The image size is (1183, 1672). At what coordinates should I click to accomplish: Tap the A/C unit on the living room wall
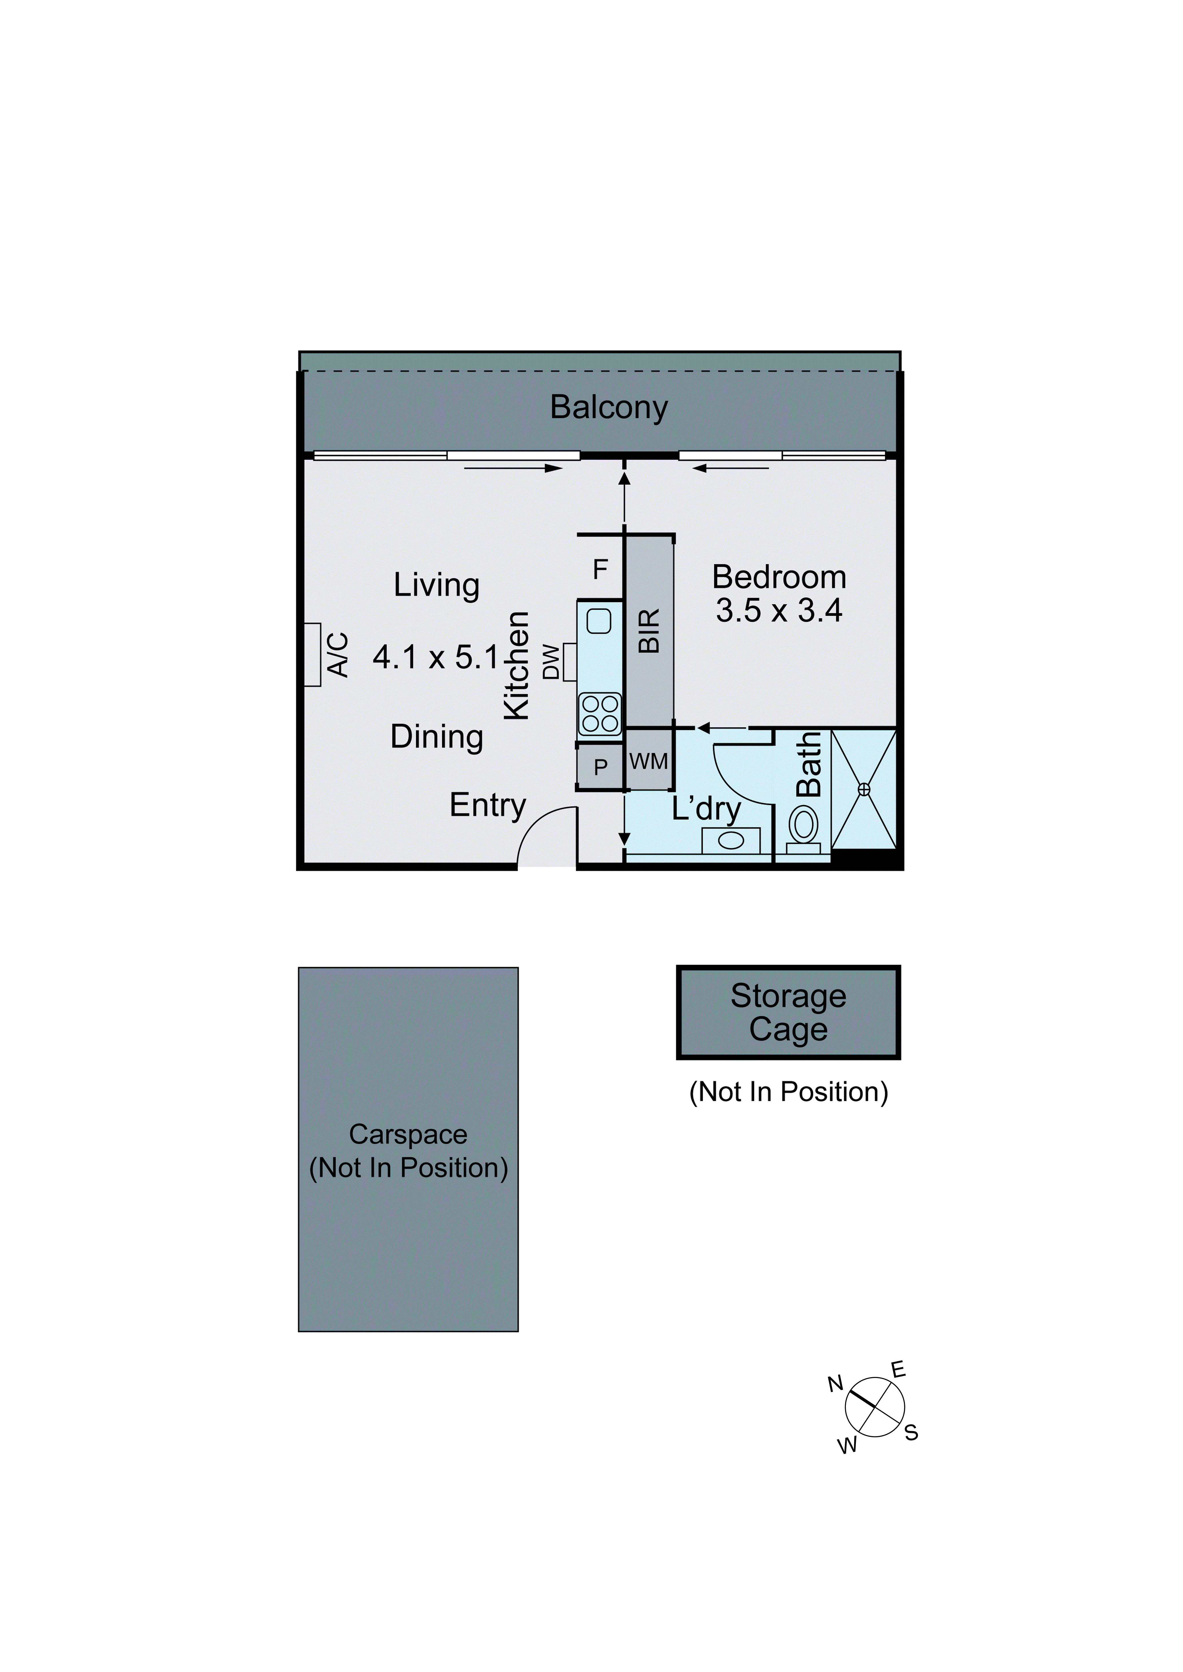pyautogui.click(x=312, y=654)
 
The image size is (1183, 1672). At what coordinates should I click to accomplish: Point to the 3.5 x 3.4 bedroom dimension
pyautogui.click(x=779, y=610)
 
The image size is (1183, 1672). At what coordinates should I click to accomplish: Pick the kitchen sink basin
pyautogui.click(x=599, y=621)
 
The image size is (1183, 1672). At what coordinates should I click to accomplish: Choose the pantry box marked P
pyautogui.click(x=600, y=767)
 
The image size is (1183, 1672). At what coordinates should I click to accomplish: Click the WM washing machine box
pyautogui.click(x=648, y=762)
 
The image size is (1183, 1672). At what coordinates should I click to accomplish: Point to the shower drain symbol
pyautogui.click(x=864, y=789)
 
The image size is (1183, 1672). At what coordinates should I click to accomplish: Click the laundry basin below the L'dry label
pyautogui.click(x=731, y=841)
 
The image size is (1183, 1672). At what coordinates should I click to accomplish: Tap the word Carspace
pyautogui.click(x=408, y=1135)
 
